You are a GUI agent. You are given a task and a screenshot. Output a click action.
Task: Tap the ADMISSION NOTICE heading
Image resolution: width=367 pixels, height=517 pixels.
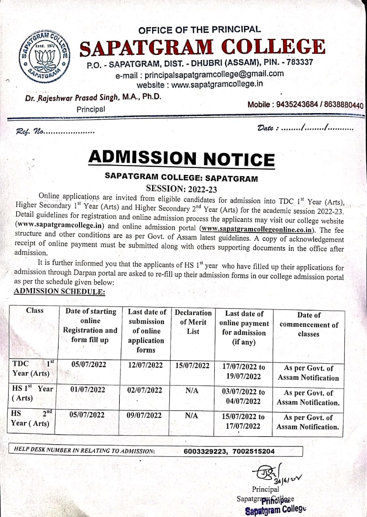181,158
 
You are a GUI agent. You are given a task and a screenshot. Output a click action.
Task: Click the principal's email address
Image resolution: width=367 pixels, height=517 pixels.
199,74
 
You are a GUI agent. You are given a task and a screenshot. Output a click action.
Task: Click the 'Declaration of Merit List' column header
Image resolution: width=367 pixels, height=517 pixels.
193,322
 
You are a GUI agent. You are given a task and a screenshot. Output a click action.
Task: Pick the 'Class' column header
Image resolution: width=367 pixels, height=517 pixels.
35,311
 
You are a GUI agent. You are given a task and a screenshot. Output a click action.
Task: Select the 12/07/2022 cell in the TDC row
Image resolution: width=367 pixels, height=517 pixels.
145,365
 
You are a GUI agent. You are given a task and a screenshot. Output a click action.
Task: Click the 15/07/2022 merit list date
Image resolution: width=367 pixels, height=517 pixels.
193,366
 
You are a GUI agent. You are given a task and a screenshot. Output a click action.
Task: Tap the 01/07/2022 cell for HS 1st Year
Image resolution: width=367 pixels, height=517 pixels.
88,390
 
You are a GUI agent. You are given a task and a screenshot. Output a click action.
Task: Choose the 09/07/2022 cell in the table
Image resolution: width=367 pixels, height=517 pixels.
144,415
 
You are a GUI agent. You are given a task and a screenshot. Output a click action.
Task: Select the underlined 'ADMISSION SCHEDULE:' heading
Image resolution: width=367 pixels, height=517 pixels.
59,291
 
